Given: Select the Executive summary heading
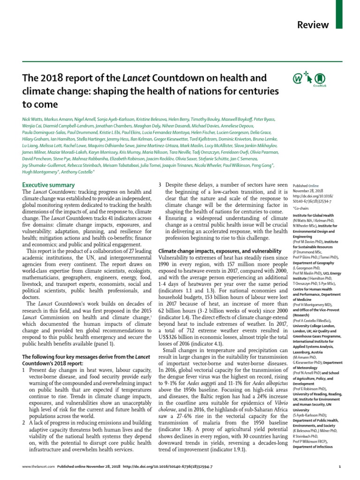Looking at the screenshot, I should (48, 185).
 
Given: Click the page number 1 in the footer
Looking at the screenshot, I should (339, 467).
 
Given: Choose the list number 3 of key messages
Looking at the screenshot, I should (160, 185).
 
